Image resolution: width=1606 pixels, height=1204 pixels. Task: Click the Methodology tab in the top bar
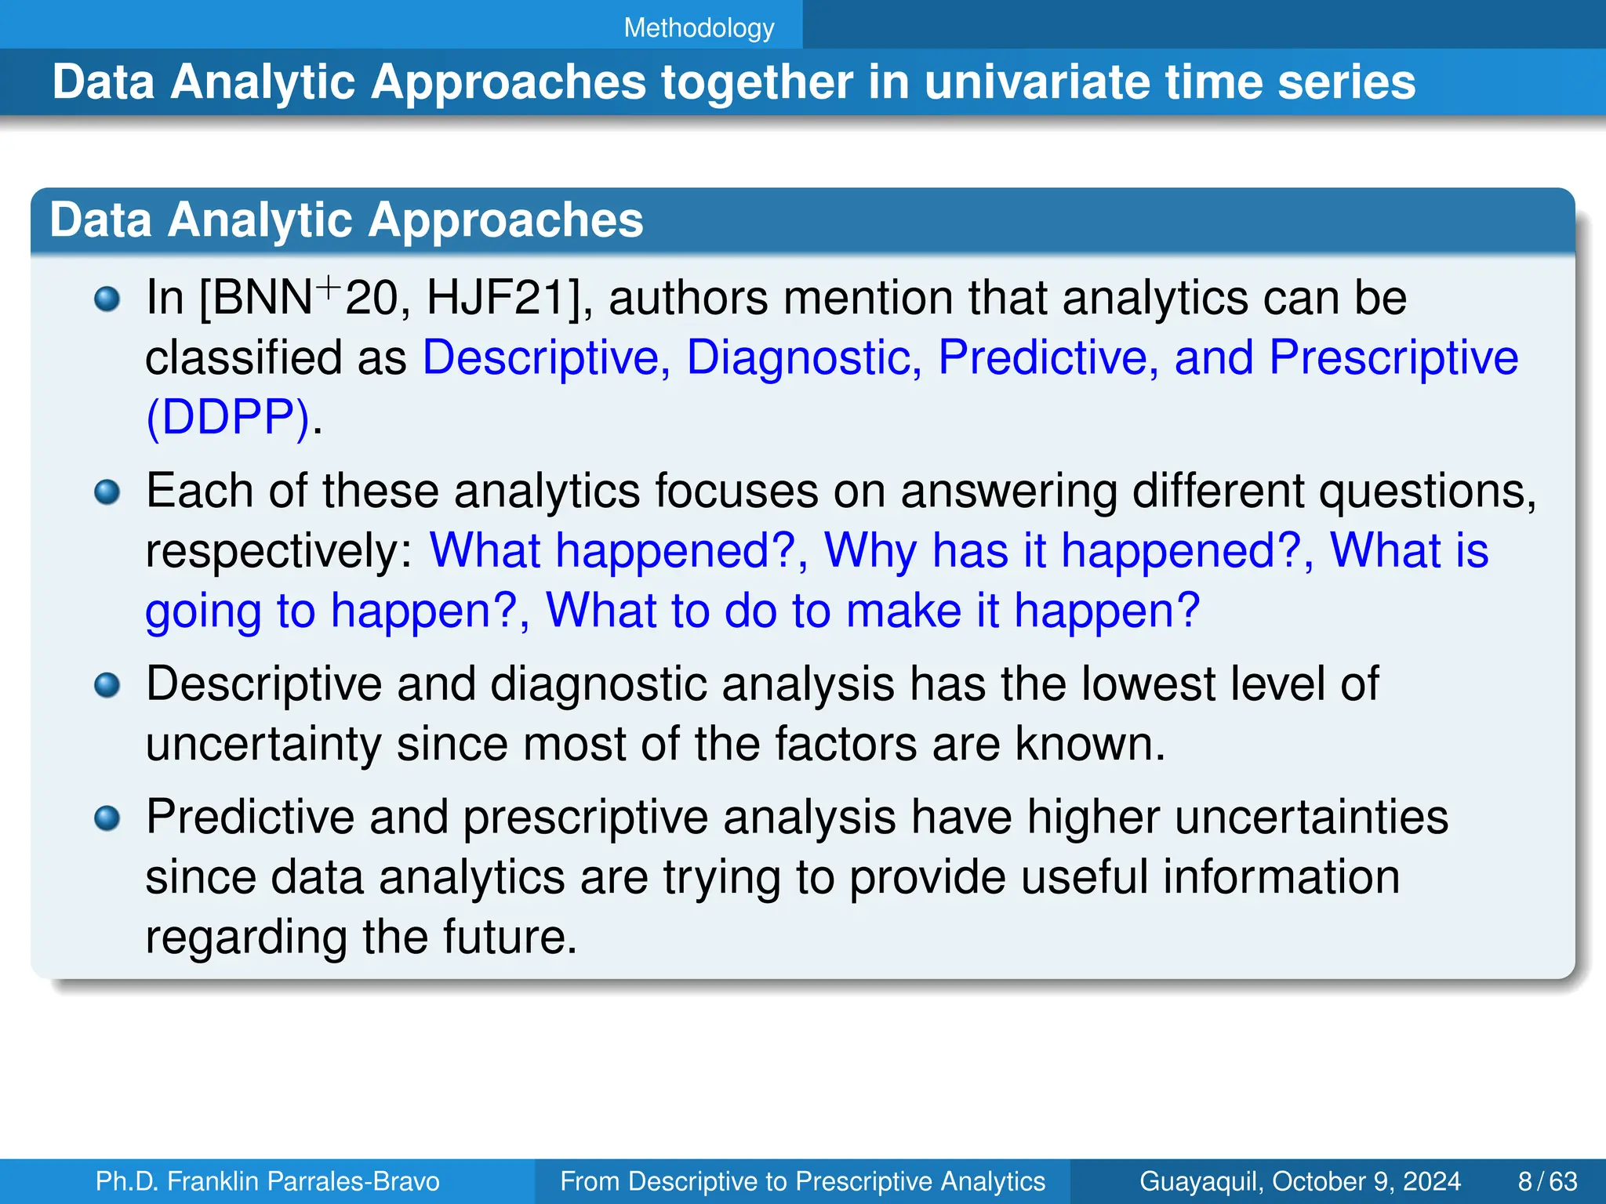699,28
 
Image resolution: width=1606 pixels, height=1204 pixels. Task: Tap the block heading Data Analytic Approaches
346,220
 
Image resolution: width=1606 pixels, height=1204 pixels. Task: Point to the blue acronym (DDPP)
227,417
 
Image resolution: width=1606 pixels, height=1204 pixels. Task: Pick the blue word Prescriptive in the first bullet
1393,358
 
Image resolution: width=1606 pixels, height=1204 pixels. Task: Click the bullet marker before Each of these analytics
107,492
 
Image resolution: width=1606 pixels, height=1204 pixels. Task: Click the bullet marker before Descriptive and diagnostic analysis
107,686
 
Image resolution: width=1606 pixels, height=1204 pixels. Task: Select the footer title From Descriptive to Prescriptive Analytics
802,1181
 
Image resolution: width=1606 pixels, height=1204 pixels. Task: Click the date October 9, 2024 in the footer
1366,1181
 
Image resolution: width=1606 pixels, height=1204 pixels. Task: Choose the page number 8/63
1547,1181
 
